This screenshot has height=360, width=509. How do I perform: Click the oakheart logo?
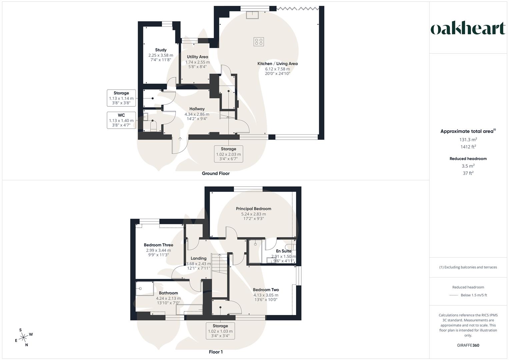click(x=468, y=28)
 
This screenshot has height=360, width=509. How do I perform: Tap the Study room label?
click(x=161, y=50)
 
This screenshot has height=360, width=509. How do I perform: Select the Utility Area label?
click(x=197, y=57)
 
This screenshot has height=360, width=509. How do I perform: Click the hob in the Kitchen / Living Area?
click(x=259, y=42)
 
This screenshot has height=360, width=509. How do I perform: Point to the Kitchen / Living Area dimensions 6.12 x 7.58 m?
click(x=277, y=69)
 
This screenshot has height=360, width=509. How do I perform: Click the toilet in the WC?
click(x=154, y=126)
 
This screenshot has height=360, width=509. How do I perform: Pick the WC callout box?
click(x=121, y=120)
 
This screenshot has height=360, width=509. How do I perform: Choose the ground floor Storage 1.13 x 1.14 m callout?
click(x=121, y=98)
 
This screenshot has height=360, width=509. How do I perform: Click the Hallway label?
click(x=197, y=109)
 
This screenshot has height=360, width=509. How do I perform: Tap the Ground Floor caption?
click(x=216, y=173)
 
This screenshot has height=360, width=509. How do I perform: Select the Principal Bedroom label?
click(x=253, y=209)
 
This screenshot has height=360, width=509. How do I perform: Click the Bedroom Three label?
click(x=158, y=245)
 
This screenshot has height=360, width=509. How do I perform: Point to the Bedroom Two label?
click(x=266, y=290)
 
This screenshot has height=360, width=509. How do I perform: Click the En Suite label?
click(x=283, y=251)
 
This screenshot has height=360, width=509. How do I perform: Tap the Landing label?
click(x=198, y=258)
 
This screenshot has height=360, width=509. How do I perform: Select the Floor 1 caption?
click(x=216, y=352)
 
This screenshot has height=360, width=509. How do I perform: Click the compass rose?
click(x=24, y=337)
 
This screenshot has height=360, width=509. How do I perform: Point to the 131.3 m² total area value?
click(x=468, y=140)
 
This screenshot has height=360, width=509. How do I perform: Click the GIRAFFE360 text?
click(x=468, y=345)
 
